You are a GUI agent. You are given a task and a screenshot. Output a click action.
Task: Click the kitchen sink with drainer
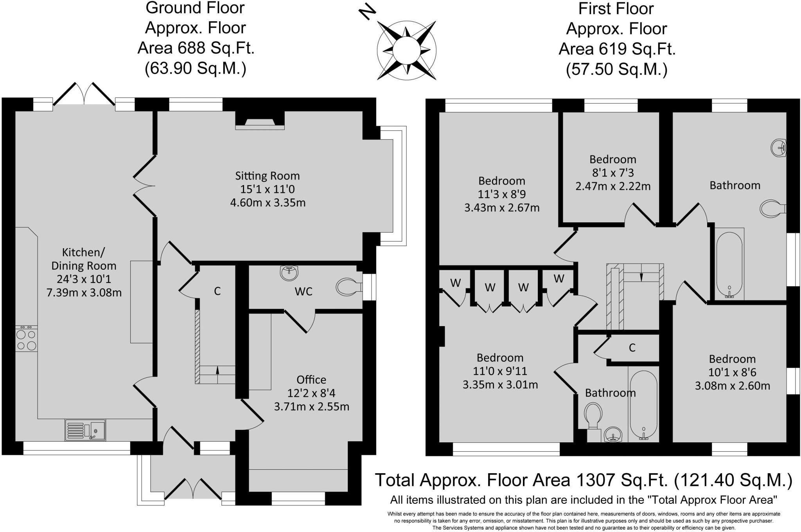click(x=85, y=430)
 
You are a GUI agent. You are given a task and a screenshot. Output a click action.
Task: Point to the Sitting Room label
click(x=267, y=176)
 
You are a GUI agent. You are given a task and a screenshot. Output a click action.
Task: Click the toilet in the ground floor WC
click(x=348, y=287)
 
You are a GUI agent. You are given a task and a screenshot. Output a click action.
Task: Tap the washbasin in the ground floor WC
click(x=289, y=273)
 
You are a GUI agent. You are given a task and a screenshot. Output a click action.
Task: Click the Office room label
click(x=311, y=380)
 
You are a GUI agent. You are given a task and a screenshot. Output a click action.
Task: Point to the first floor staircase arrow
click(x=641, y=276)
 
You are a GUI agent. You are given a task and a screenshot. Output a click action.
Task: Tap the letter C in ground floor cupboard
click(x=217, y=291)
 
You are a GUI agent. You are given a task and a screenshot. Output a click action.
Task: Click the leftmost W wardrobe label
click(x=455, y=283)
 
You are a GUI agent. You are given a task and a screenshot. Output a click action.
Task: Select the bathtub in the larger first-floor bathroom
click(x=729, y=265)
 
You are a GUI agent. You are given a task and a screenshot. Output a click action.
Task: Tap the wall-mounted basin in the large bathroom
click(x=778, y=148)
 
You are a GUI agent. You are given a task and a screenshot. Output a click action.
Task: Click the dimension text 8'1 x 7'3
click(x=612, y=173)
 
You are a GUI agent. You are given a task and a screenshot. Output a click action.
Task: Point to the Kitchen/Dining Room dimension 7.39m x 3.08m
click(x=84, y=292)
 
